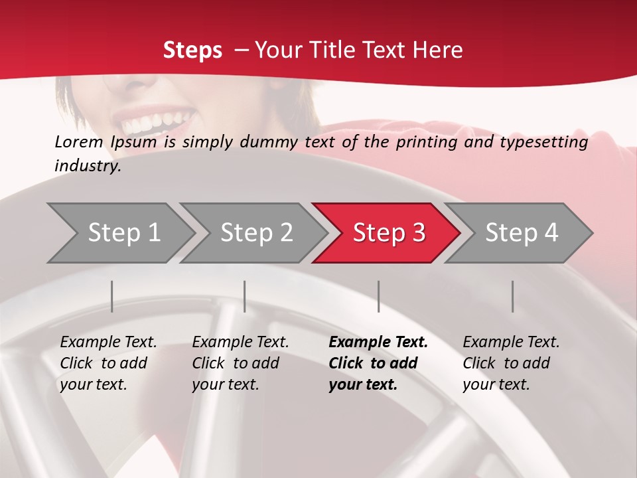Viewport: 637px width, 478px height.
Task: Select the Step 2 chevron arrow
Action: [256, 232]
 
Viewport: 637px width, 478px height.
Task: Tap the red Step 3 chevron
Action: [389, 232]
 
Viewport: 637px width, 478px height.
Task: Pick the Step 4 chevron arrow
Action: [522, 232]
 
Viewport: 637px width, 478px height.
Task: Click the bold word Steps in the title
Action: [192, 50]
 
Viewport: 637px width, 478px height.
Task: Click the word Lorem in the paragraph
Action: [78, 141]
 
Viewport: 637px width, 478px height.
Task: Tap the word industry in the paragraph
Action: [88, 165]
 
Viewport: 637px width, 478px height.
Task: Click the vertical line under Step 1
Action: [112, 296]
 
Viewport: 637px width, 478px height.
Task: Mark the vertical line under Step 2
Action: [245, 296]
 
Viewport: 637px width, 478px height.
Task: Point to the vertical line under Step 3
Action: [379, 296]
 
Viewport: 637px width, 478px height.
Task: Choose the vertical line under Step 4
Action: [513, 296]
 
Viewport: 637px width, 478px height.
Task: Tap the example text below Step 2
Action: [240, 363]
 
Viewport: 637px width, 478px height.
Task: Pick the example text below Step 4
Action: [510, 363]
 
